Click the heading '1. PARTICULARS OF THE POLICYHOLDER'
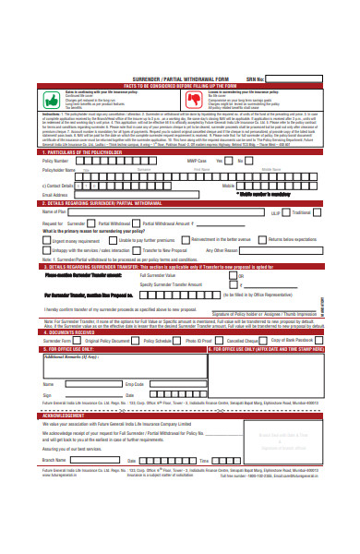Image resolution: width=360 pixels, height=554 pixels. click(x=83, y=151)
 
